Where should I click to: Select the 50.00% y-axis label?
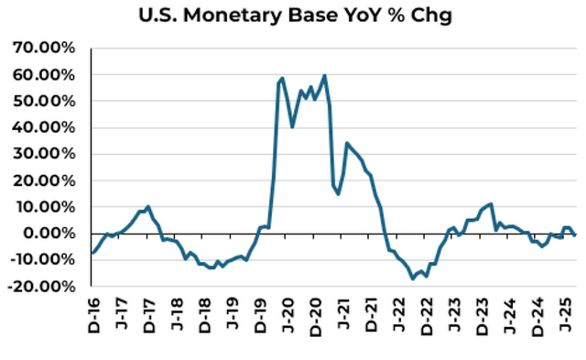tap(43, 101)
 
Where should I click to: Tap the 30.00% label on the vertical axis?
tap(43, 154)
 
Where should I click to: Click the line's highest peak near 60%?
tap(324, 75)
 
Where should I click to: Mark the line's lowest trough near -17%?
tap(413, 278)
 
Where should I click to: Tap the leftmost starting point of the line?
tap(92, 253)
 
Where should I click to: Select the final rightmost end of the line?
tap(575, 235)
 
